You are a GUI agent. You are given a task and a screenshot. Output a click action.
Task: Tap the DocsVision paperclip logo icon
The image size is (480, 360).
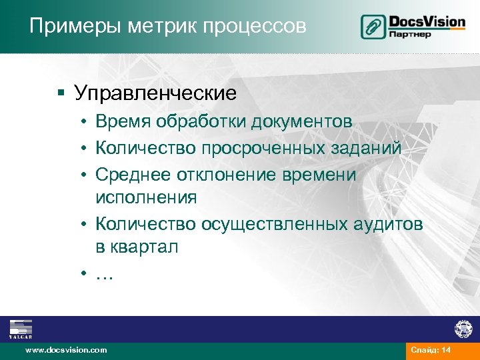point(373,26)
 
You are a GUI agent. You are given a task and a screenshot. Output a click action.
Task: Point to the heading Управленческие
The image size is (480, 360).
point(155,93)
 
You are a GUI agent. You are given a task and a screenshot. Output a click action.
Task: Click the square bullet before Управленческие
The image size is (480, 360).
point(61,93)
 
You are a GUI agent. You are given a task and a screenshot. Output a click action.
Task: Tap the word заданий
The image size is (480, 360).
point(369,148)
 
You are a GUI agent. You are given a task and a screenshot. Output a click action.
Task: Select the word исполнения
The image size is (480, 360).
point(146,197)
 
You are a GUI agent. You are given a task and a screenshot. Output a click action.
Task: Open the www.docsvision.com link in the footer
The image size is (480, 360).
point(65,350)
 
